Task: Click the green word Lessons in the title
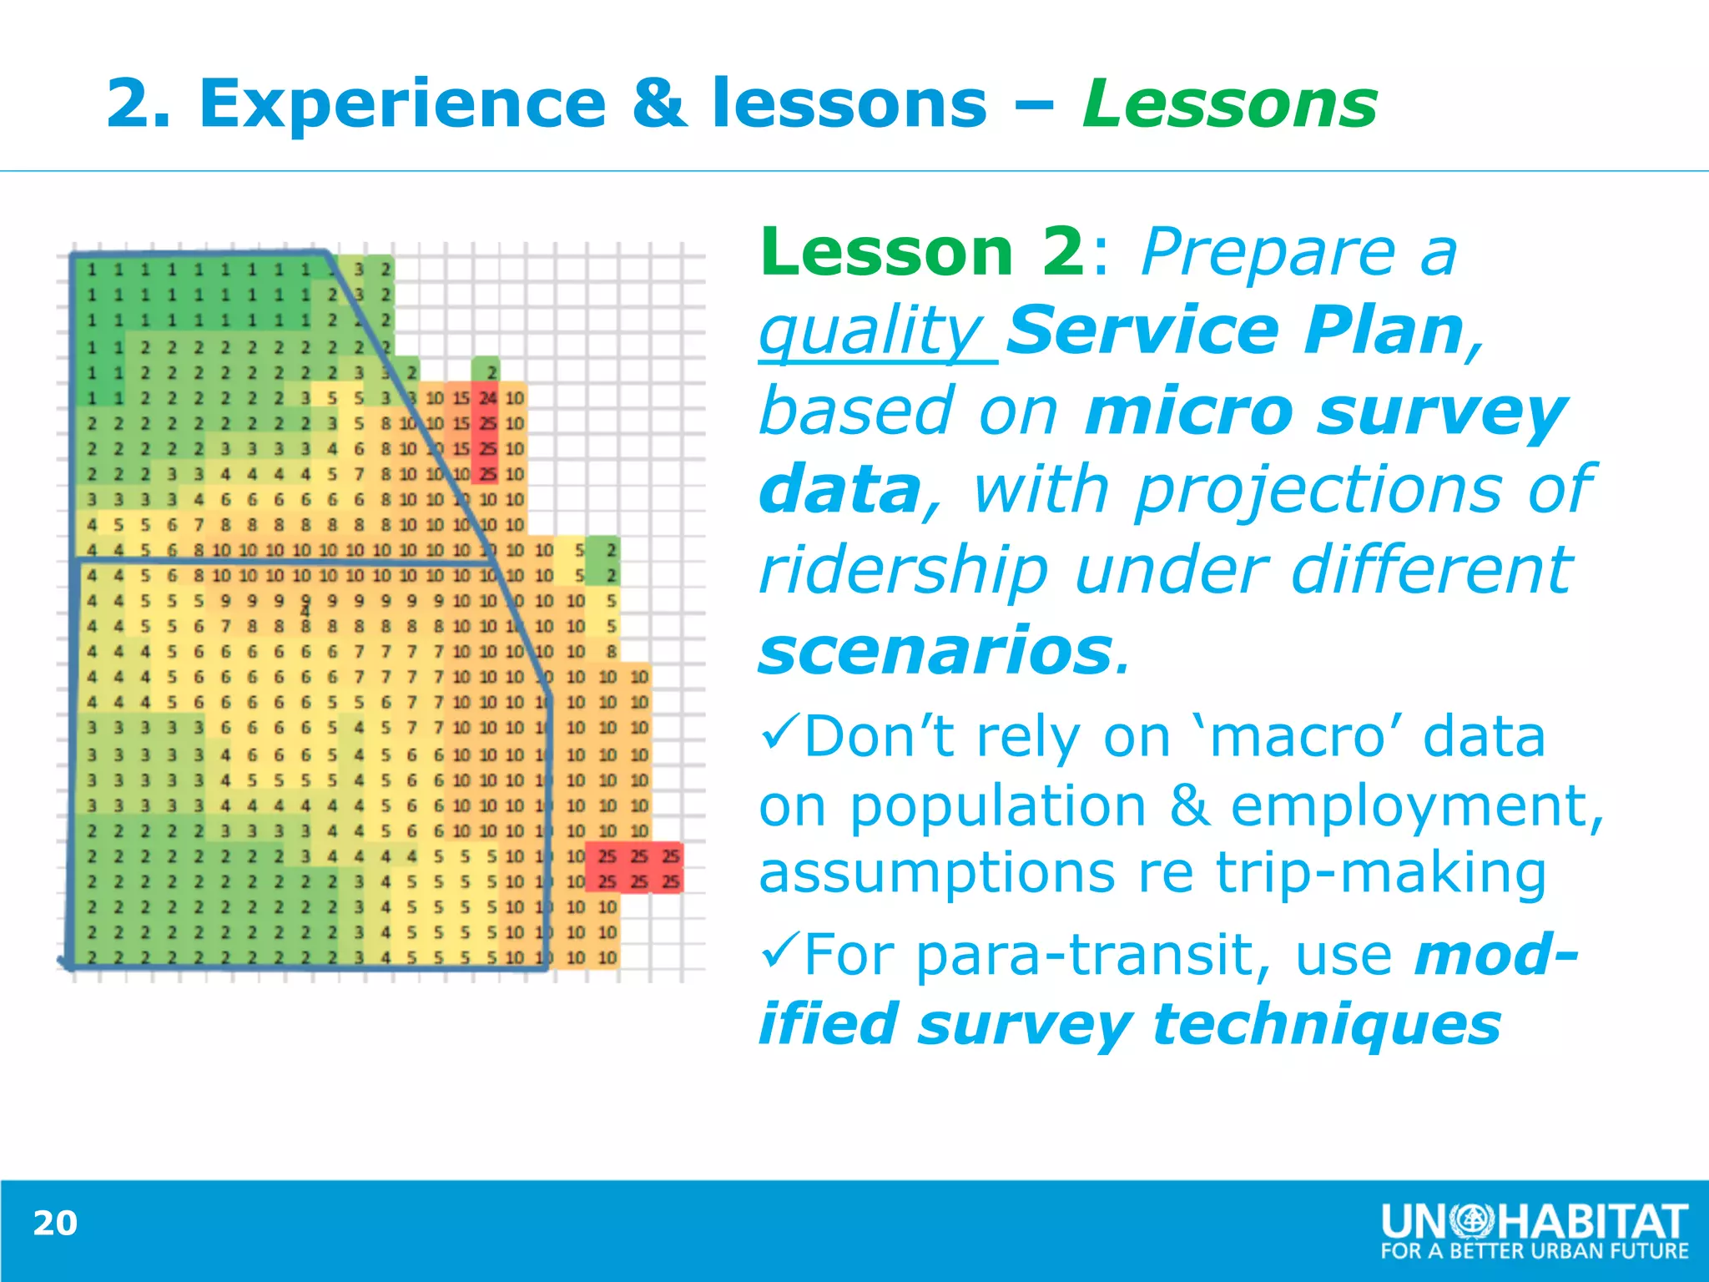click(1229, 104)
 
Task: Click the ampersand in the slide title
click(659, 104)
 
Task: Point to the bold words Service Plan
click(1235, 331)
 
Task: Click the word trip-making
click(1380, 873)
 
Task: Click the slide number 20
click(55, 1223)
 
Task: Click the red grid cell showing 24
click(488, 398)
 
